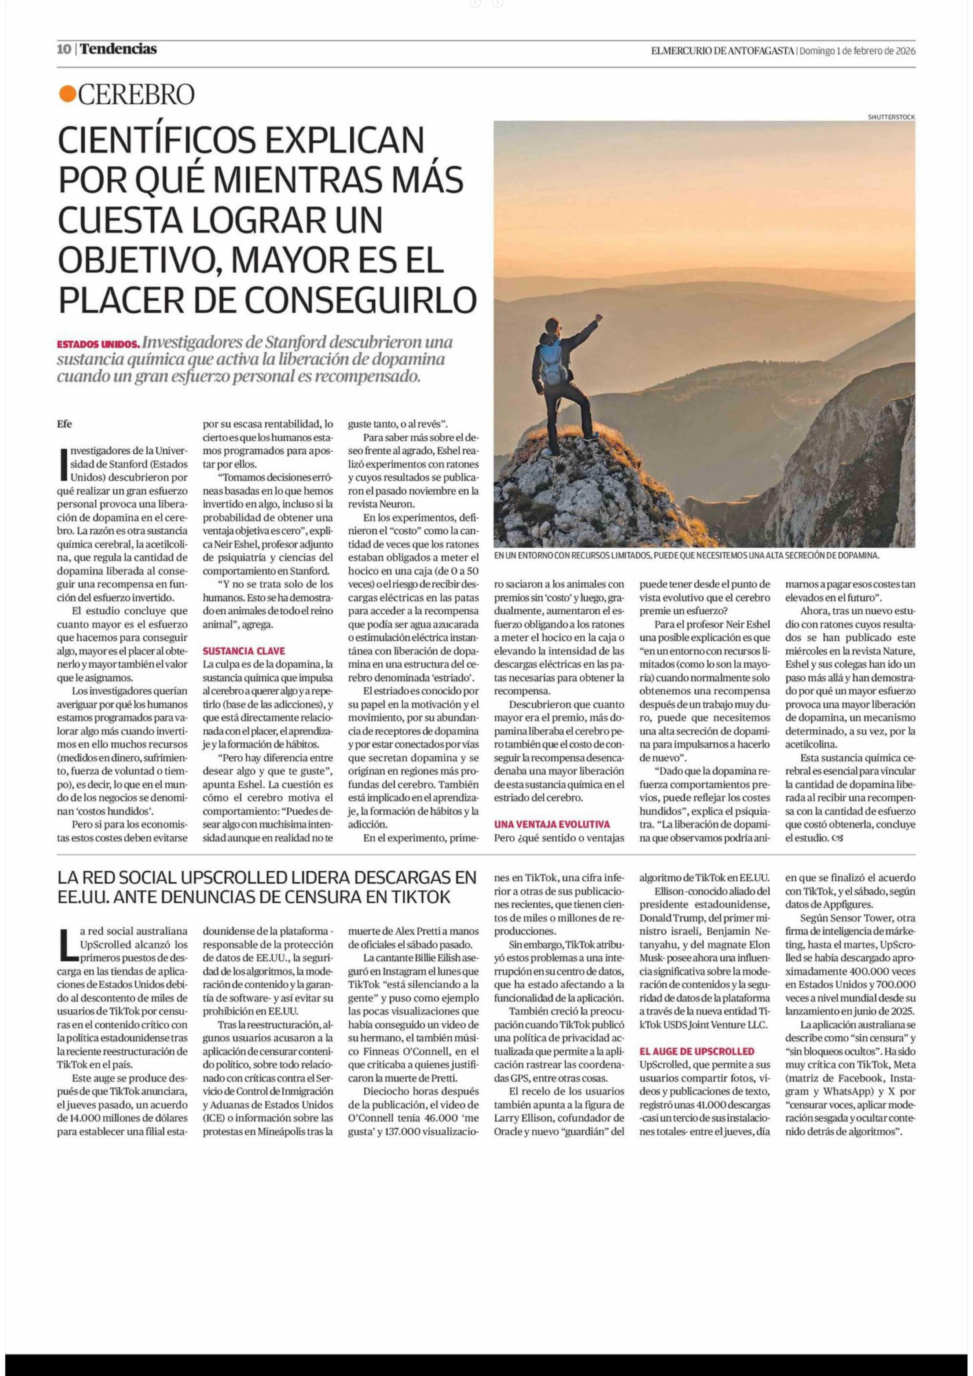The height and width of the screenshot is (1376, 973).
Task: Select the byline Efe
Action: tap(65, 424)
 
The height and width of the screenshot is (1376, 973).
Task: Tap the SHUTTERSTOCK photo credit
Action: tap(891, 117)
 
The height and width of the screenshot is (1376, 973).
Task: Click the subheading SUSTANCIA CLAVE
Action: tap(244, 651)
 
